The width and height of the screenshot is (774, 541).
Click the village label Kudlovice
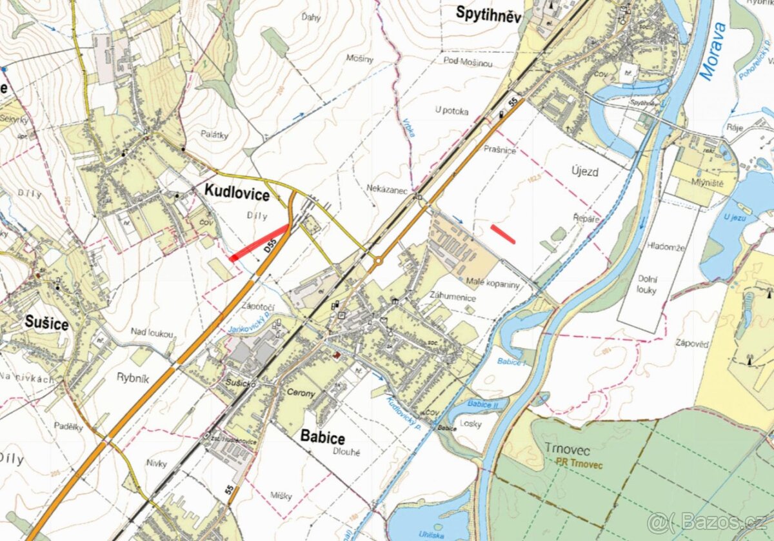coord(237,190)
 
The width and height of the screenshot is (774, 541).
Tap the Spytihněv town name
coord(488,12)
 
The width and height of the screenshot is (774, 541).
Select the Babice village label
coord(322,437)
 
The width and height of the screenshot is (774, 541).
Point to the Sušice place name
coord(46,323)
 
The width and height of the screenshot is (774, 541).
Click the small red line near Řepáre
coord(502,234)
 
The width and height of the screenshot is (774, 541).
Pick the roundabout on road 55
coord(377,261)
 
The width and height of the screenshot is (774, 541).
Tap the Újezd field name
coord(585,172)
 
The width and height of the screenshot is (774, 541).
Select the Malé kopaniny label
coord(492,284)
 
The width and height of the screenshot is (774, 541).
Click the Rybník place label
coord(133,379)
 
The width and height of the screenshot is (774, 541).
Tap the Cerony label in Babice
coord(301,393)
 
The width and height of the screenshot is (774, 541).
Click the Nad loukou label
coord(152,333)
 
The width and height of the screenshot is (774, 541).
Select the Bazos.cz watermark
coord(706,521)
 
